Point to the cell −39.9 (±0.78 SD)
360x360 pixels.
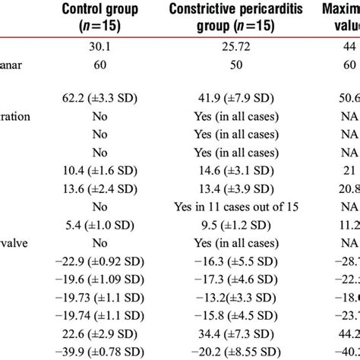coord(99,352)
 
